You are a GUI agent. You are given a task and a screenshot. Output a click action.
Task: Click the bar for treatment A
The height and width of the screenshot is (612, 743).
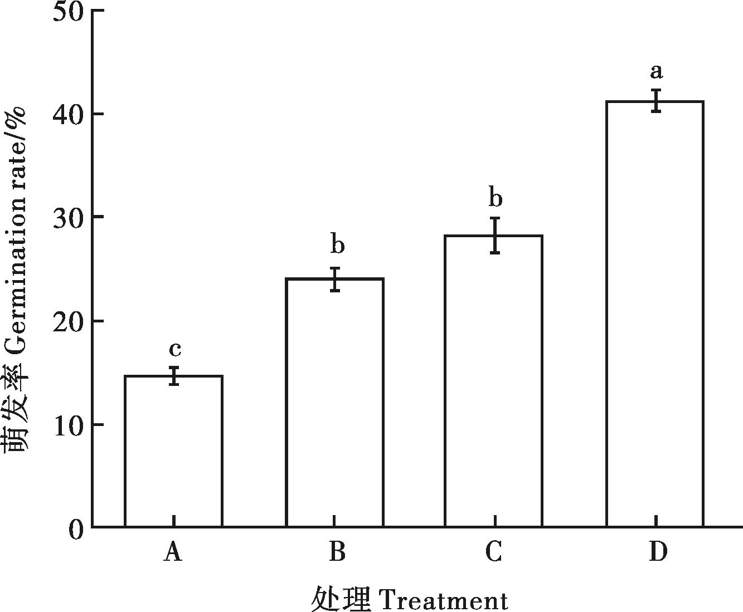173,451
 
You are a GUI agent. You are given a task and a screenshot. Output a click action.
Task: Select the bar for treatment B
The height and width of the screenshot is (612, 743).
334,402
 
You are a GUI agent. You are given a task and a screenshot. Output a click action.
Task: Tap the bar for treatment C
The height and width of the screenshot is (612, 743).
493,381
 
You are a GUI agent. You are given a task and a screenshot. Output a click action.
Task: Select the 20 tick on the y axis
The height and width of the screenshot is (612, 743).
68,321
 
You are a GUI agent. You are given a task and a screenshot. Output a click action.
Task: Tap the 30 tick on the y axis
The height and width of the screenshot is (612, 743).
68,217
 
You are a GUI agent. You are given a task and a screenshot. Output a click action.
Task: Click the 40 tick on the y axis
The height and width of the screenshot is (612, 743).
68,114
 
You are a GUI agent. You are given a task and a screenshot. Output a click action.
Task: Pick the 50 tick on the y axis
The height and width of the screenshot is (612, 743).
68,11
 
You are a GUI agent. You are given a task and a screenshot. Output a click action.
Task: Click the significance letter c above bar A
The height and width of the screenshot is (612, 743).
174,350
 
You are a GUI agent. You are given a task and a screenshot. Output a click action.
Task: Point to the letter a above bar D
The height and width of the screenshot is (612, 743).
657,71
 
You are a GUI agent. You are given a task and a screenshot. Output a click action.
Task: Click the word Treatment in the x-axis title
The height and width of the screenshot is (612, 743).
443,600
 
